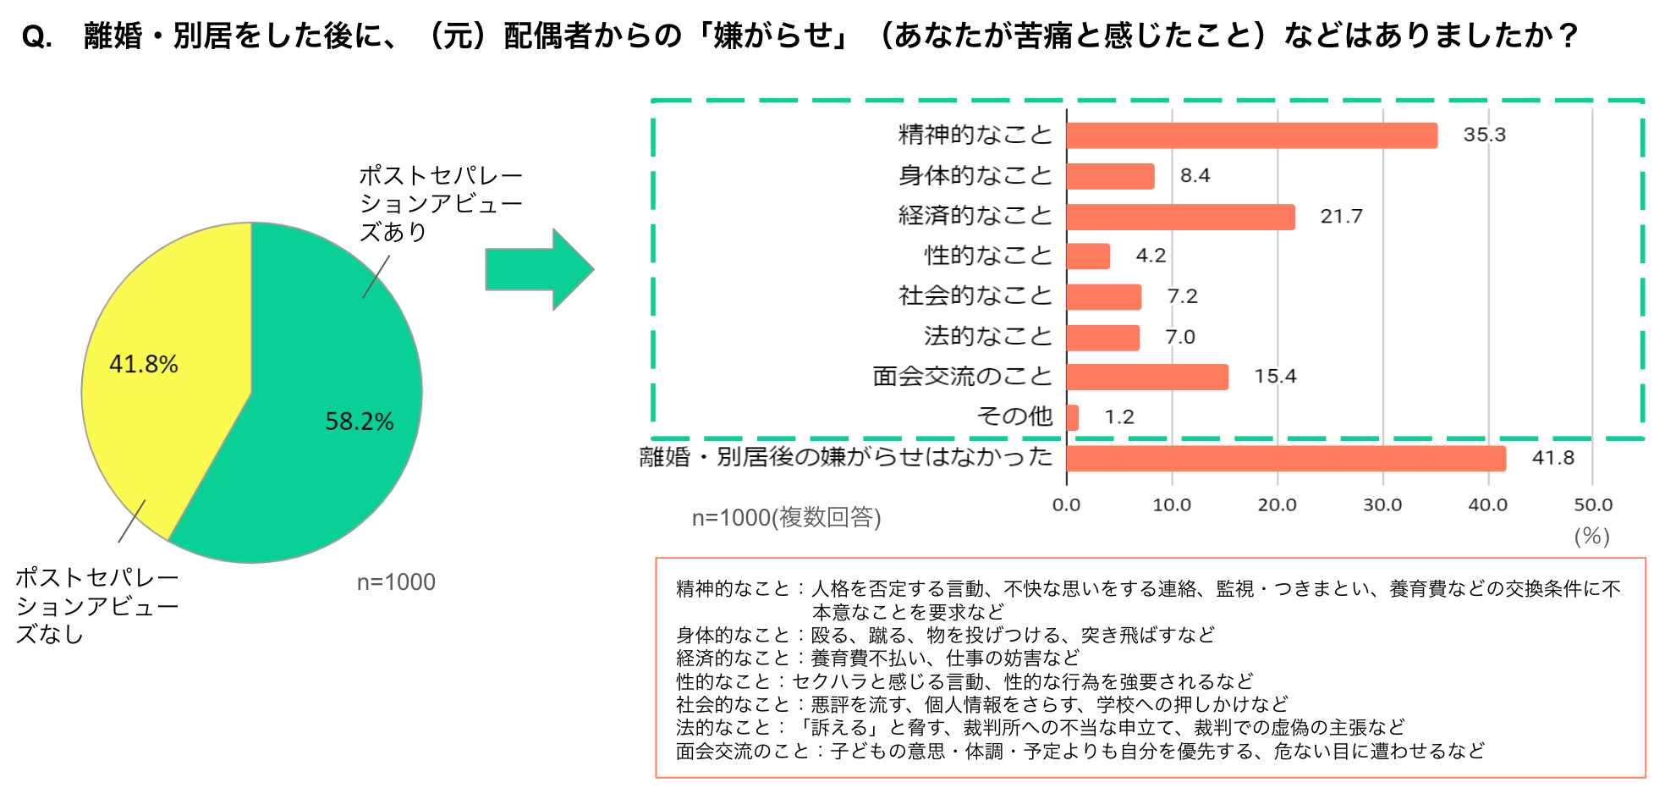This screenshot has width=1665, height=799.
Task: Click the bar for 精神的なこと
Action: [1251, 135]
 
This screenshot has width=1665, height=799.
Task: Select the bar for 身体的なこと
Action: [1110, 176]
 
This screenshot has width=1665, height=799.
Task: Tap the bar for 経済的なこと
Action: [1180, 217]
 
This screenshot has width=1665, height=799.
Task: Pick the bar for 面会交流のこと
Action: [1146, 377]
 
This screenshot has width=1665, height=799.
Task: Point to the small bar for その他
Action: [1073, 417]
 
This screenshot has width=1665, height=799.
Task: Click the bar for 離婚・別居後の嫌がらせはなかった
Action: [1286, 458]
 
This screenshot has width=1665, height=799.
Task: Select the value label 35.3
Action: [1485, 135]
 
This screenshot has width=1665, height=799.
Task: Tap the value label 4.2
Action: [1151, 256]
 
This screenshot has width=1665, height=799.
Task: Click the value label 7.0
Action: [1180, 337]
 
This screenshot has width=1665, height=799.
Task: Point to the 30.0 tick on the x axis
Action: [1382, 505]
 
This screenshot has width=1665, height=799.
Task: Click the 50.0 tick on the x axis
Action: [1593, 505]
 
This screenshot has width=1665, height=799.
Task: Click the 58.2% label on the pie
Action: [360, 422]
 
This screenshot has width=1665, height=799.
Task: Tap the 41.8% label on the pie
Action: [144, 365]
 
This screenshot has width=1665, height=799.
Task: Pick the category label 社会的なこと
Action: [975, 295]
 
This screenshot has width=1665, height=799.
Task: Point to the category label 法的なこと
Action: [987, 336]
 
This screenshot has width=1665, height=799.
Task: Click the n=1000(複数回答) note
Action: [786, 517]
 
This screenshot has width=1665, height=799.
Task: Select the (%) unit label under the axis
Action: [1591, 536]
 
